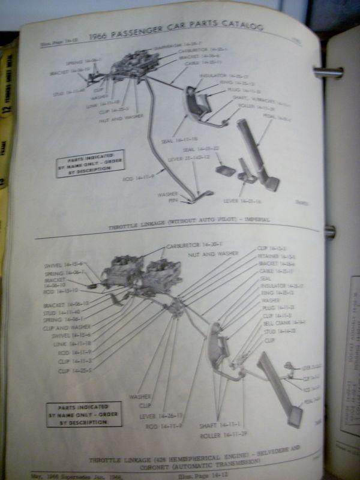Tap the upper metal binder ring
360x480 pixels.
(x=328, y=73)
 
